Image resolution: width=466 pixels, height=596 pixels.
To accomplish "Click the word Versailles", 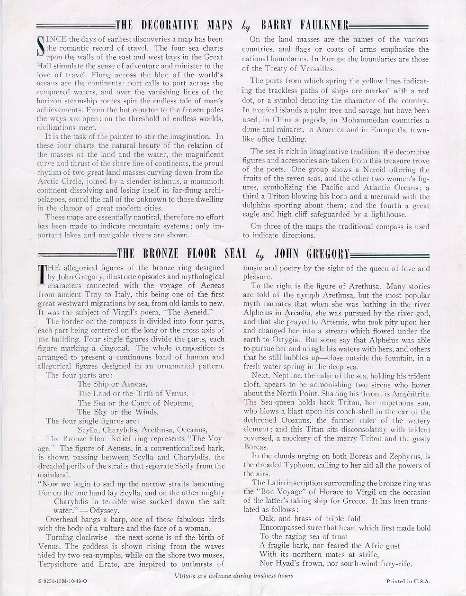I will [311, 68].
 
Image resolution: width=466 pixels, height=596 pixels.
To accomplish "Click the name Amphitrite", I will [412, 394].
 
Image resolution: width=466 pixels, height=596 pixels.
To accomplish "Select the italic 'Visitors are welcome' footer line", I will [233, 575].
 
